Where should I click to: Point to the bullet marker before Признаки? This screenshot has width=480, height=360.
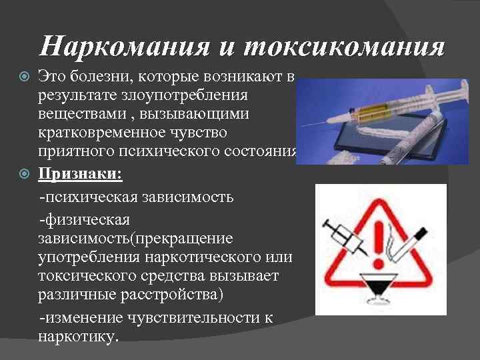coord(27,174)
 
